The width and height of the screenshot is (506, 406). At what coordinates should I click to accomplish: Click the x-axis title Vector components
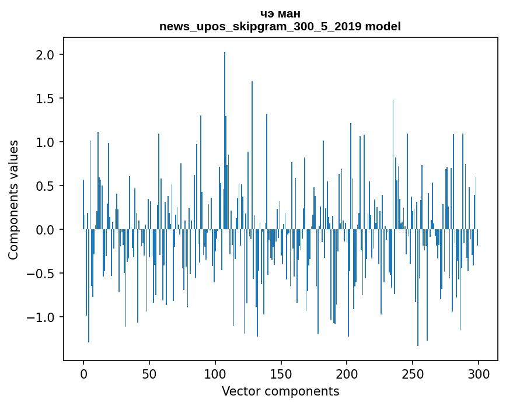[x=280, y=391]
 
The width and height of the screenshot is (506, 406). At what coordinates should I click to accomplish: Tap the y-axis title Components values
[x=13, y=199]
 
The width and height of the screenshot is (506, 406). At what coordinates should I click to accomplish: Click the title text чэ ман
[x=280, y=14]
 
